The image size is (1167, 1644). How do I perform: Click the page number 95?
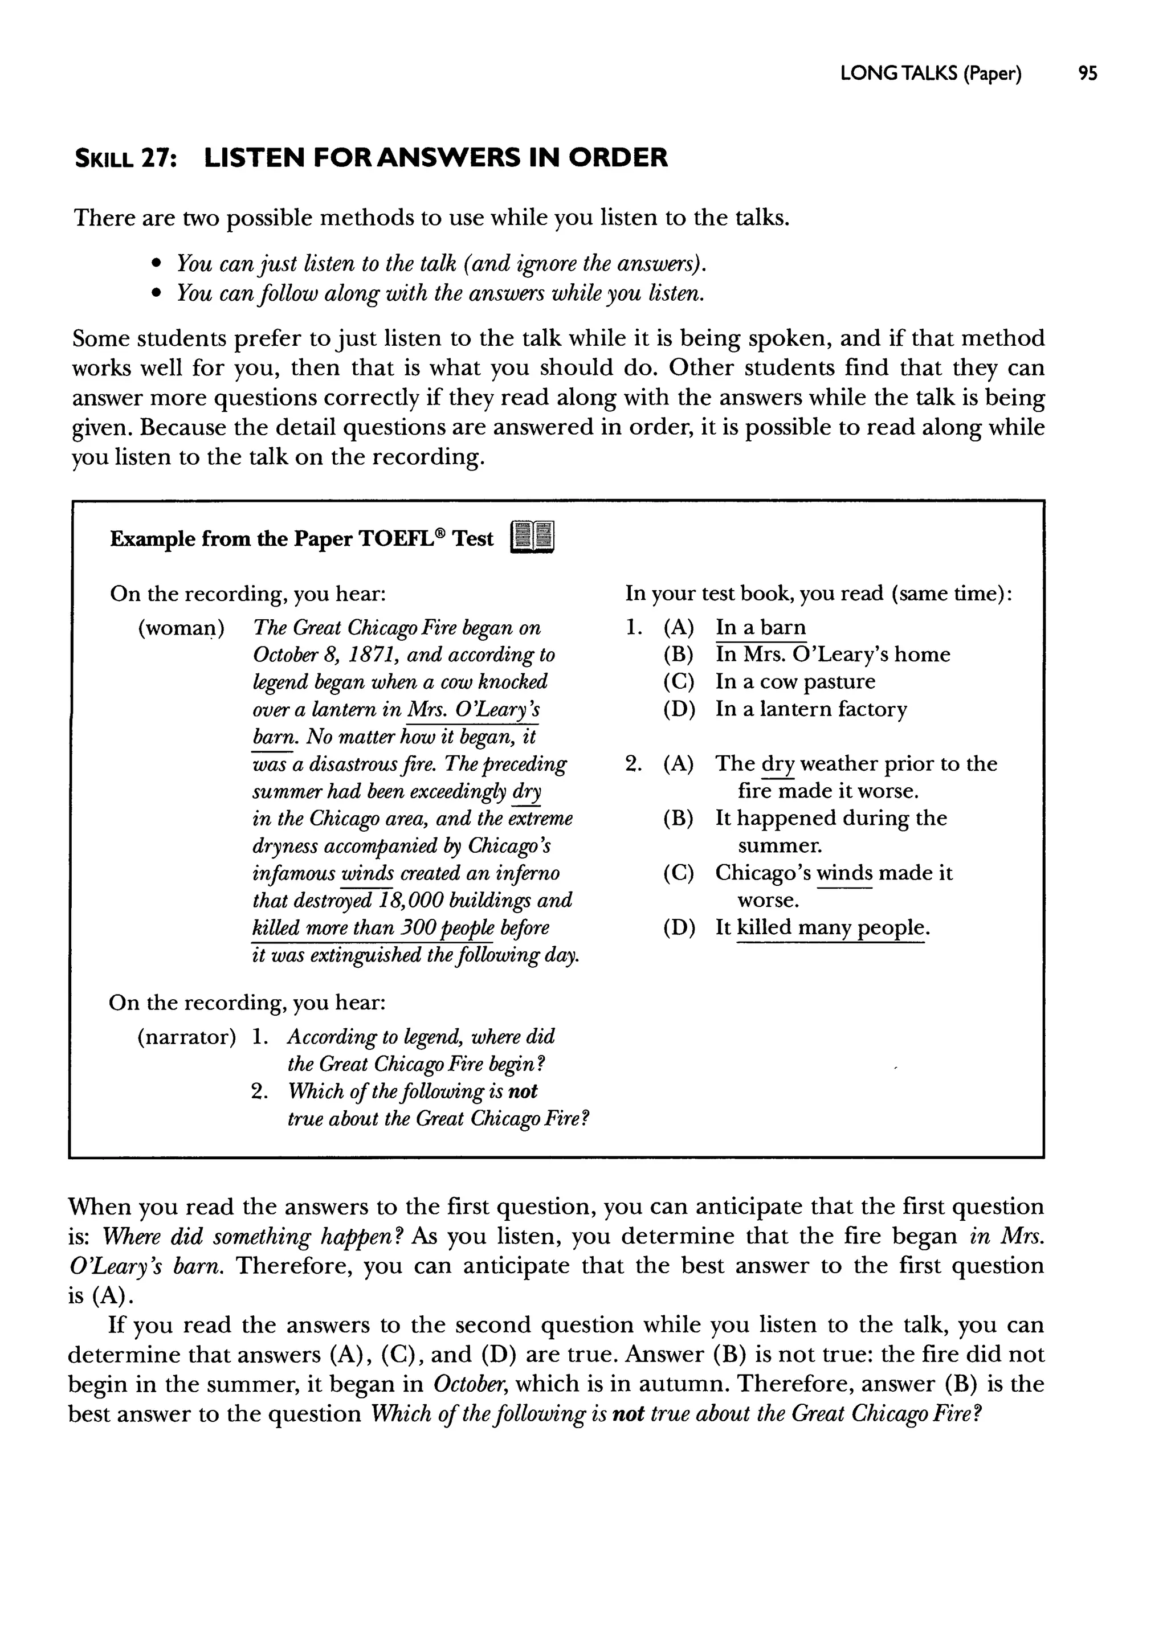[1087, 74]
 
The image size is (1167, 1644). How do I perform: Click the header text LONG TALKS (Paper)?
[931, 74]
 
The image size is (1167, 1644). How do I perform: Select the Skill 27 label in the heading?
[126, 158]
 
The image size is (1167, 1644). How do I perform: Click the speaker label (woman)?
[181, 628]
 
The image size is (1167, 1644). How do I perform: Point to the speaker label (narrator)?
[186, 1037]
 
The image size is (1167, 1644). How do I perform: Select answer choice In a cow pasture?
[795, 682]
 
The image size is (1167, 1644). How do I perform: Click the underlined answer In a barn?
[760, 628]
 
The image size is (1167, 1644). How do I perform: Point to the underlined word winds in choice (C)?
[844, 873]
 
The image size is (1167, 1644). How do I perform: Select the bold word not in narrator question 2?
[523, 1091]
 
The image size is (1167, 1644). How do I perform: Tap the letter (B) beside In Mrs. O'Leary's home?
[678, 655]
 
